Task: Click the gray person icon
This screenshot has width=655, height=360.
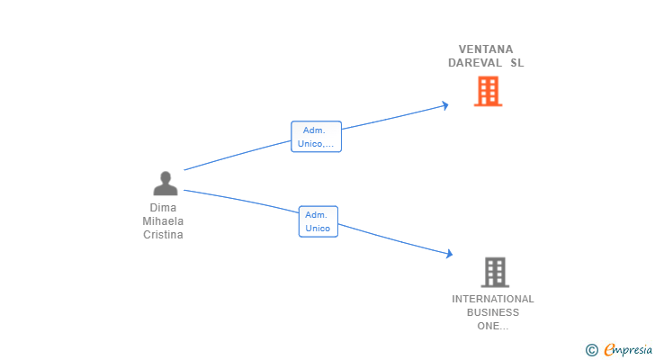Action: [166, 184]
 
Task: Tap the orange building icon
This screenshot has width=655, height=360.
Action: [488, 91]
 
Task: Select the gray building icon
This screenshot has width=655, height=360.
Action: [495, 273]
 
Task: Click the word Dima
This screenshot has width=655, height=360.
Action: [163, 208]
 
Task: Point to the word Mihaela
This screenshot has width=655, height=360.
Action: [163, 220]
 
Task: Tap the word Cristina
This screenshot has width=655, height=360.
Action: [163, 235]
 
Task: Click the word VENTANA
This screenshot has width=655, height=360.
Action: [486, 49]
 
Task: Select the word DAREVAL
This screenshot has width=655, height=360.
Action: [475, 63]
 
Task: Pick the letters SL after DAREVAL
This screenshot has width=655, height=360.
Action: [517, 63]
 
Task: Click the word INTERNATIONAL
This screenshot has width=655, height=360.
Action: [493, 299]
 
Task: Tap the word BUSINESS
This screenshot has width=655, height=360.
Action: [493, 312]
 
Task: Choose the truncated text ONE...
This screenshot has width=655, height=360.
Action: [493, 326]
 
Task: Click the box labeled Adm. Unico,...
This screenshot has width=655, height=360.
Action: [316, 137]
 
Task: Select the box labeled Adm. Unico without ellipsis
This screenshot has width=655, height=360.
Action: [319, 221]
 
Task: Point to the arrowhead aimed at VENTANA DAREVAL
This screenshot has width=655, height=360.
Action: [445, 105]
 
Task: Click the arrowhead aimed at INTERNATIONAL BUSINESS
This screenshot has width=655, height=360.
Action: [450, 254]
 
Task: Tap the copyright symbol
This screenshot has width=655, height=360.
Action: [591, 350]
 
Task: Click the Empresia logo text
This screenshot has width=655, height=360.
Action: [628, 349]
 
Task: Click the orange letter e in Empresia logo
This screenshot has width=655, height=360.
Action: [609, 349]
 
